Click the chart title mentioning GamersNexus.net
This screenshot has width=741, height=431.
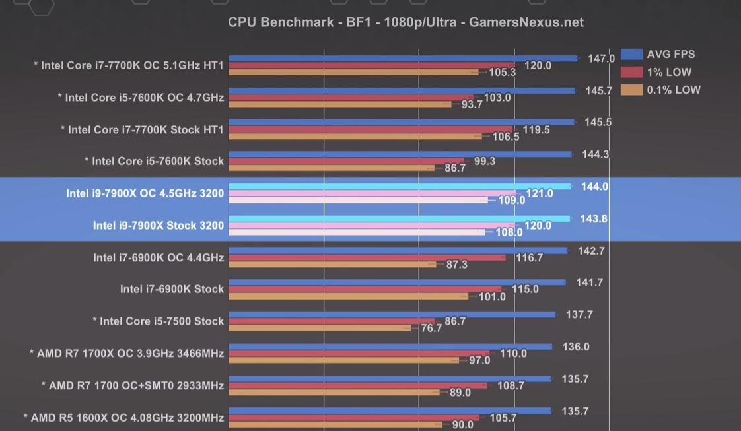[406, 22]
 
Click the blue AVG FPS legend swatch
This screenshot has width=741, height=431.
[631, 54]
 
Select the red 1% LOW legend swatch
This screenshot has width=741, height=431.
[631, 72]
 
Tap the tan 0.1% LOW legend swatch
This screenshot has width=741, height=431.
[631, 90]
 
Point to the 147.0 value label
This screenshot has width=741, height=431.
[601, 59]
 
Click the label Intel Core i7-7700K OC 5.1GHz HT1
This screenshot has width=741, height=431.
[129, 65]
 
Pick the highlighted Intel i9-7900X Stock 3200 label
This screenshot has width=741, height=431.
[158, 226]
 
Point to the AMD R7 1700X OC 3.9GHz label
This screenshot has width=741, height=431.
[126, 354]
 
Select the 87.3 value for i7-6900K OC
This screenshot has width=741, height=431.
[456, 264]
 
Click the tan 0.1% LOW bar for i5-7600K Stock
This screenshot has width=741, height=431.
[331, 168]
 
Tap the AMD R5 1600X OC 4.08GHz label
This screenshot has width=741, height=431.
[123, 418]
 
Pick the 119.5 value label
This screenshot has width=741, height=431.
[537, 130]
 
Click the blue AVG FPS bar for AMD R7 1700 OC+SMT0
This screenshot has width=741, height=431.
[390, 379]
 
